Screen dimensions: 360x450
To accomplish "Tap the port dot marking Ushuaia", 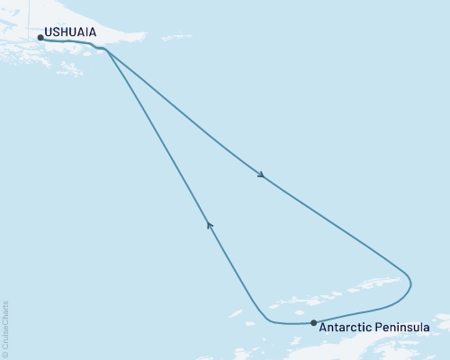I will coord(40,38).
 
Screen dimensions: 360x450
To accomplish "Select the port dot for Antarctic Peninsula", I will coord(313,322).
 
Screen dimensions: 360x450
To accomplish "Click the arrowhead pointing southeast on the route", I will coord(261,175).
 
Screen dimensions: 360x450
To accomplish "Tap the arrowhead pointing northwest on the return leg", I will coord(209,224).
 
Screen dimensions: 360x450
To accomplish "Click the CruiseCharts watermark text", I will coord(6,323).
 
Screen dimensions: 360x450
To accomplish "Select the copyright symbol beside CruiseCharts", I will coord(6,353).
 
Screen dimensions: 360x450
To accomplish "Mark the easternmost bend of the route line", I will coord(411,283).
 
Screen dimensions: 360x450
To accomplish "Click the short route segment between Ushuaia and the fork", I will coord(76,41).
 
